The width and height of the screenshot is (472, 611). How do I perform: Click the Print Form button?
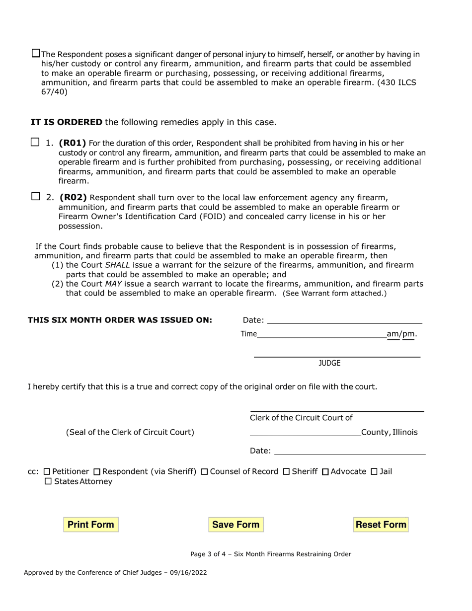point(91,525)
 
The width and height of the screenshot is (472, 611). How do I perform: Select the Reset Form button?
point(381,525)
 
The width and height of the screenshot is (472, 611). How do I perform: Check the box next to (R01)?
point(35,143)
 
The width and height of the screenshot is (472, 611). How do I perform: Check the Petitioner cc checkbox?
point(47,471)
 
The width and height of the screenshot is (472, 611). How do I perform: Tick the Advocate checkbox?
point(325,471)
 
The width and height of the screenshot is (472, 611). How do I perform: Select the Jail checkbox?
point(374,471)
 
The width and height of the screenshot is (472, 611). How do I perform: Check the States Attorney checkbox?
point(48,482)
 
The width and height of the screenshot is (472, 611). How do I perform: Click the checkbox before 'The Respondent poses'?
point(36,53)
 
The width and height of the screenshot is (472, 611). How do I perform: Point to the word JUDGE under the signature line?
point(329,363)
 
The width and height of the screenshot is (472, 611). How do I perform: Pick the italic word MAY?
point(114,284)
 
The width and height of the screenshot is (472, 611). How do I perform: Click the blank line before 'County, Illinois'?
point(305,433)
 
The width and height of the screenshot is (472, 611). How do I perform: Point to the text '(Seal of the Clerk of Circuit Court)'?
point(130,432)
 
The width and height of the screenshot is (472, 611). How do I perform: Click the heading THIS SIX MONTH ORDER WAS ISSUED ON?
point(120,320)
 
